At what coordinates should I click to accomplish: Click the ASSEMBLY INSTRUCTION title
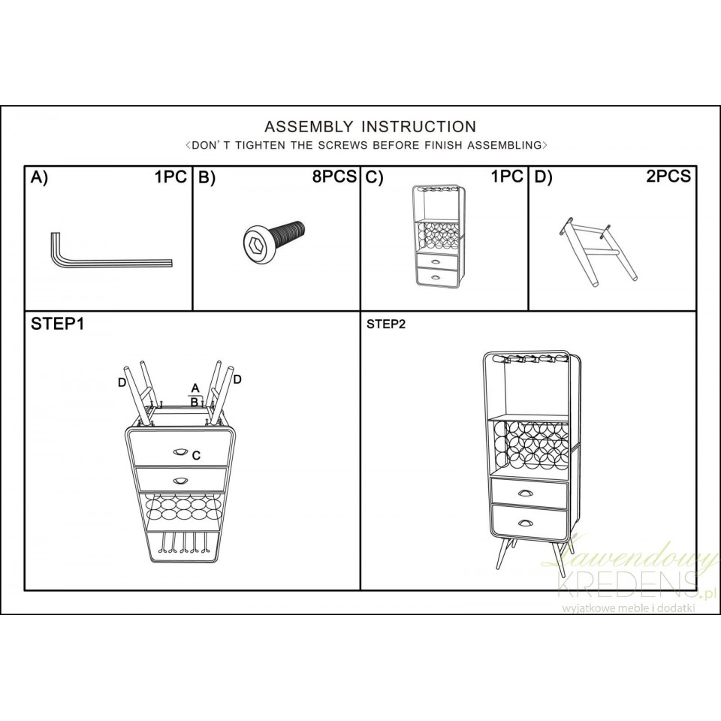[x=370, y=126]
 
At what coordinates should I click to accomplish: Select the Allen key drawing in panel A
[x=110, y=255]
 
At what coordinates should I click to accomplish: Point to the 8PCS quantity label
[x=334, y=176]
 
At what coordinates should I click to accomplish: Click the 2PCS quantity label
[x=668, y=176]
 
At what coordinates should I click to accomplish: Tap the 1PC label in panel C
[x=507, y=176]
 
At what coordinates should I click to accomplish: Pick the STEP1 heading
[x=58, y=324]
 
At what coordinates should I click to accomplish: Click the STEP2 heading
[x=386, y=324]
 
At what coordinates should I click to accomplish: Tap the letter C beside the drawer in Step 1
[x=196, y=456]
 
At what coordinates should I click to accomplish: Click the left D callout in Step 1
[x=122, y=383]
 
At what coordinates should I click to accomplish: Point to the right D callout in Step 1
[x=237, y=379]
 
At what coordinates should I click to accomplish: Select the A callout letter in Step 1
[x=195, y=388]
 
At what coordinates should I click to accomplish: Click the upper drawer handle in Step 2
[x=525, y=493]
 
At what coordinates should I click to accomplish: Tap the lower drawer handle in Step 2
[x=526, y=523]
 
